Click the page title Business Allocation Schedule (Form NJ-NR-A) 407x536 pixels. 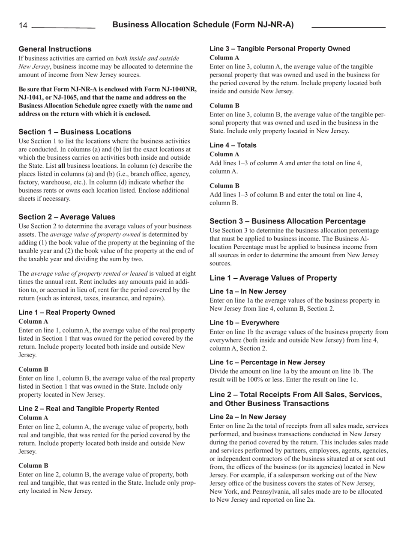203,25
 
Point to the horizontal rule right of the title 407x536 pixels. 348,27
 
